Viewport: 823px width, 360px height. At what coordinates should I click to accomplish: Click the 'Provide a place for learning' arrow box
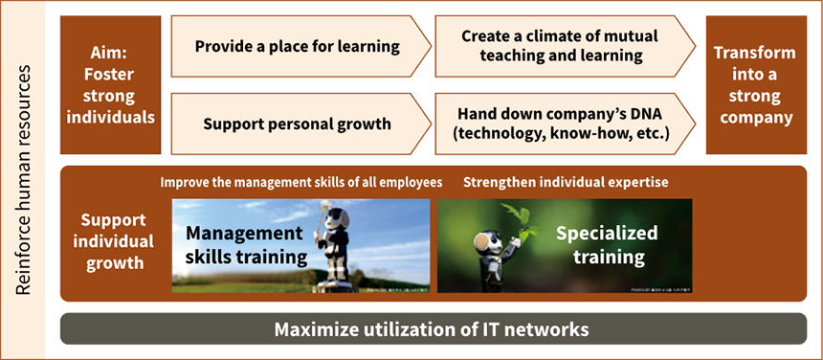297,46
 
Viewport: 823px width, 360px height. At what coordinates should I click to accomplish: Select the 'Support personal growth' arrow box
297,124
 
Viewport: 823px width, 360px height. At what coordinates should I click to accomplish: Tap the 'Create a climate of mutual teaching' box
564,46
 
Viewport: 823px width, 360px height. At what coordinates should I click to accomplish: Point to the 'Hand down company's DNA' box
564,124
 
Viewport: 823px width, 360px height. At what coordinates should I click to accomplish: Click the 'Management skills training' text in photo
246,244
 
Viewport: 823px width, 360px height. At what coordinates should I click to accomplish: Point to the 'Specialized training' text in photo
607,244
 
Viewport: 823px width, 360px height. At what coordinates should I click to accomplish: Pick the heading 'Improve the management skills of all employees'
301,181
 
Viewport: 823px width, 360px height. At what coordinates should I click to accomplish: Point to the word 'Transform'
754,54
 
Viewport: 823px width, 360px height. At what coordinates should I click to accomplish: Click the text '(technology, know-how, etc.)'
564,134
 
